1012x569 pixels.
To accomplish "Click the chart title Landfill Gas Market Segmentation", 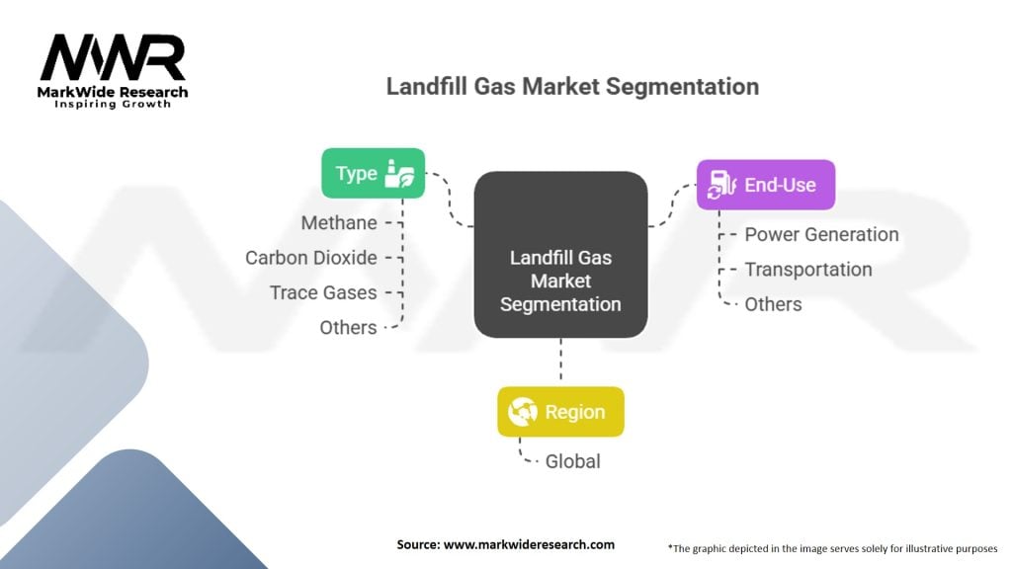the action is (x=572, y=87).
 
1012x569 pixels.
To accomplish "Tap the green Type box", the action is (x=373, y=173).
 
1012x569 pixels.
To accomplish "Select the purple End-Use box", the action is (x=765, y=185).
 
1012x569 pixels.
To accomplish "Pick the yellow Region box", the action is (x=560, y=412).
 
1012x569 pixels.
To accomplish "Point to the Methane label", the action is (x=339, y=223).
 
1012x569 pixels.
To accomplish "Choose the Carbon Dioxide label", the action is (x=311, y=258).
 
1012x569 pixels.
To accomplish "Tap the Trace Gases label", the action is (x=323, y=292).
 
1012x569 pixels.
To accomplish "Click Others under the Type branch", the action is (x=348, y=327).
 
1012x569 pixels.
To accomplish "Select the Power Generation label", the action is (x=821, y=235).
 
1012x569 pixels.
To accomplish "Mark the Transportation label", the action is (x=807, y=270).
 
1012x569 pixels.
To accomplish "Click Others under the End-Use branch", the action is (x=773, y=304).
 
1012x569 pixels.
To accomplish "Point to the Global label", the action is (x=572, y=461).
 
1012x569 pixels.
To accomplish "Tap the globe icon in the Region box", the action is (x=522, y=412).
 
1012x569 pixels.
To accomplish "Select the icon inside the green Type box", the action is (x=403, y=173).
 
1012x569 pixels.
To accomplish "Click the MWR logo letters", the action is (x=113, y=58).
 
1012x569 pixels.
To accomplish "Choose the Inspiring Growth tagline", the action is (x=113, y=104).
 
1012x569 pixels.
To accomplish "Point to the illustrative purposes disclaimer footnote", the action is (x=833, y=546).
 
